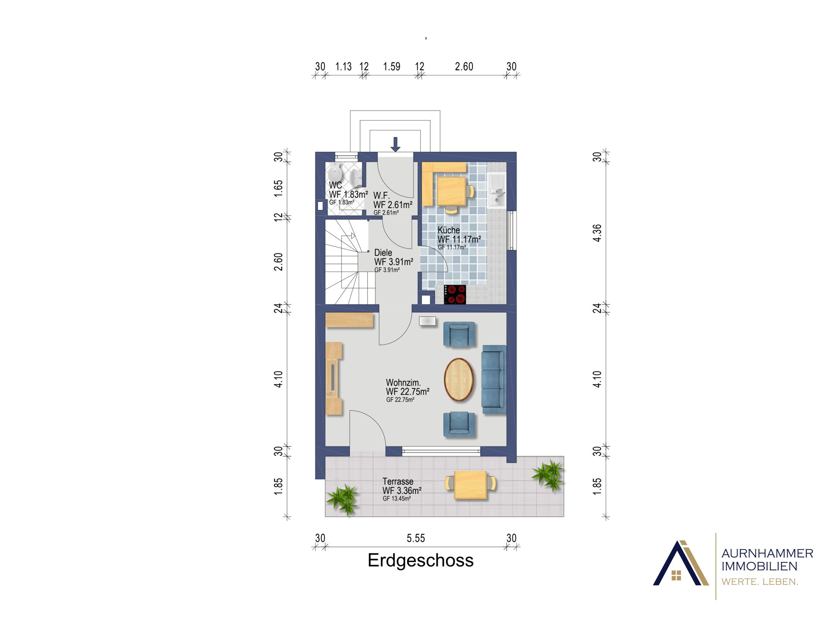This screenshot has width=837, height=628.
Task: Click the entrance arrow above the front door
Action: point(395,144)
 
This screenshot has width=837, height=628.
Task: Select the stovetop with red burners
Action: point(455,294)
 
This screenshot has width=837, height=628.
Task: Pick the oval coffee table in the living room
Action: point(459,379)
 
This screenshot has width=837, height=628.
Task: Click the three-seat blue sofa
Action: point(494,379)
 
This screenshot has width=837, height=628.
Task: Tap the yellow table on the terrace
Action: point(470,485)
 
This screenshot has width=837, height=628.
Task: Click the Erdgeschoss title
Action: point(420,560)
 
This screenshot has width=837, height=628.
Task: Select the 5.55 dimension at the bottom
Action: point(415,538)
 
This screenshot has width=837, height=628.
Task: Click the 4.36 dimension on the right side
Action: point(597,233)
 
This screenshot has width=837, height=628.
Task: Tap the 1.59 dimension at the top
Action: point(391,67)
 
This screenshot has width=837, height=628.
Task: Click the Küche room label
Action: point(449,230)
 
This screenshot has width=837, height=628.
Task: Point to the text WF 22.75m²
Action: point(408,392)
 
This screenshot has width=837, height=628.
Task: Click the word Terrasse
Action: point(398,481)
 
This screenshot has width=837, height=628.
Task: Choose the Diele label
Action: point(383,253)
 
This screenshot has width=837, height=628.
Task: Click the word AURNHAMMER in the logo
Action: point(767,553)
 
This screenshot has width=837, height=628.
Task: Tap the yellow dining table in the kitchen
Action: point(452,191)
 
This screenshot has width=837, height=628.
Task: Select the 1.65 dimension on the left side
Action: point(278,188)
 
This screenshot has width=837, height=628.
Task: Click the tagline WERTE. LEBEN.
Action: point(760,582)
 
